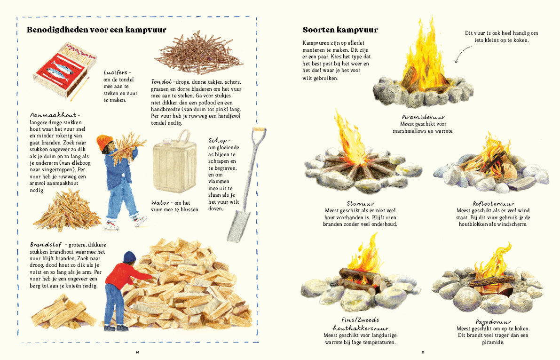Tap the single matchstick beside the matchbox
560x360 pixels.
pyautogui.click(x=79, y=91)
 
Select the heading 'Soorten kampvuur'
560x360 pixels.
pyautogui.click(x=340, y=30)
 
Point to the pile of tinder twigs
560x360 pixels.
pyautogui.click(x=199, y=53)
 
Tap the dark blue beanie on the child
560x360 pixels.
pyautogui.click(x=129, y=257)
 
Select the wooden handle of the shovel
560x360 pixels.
pyautogui.click(x=256, y=155)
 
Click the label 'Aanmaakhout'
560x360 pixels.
pyautogui.click(x=52, y=115)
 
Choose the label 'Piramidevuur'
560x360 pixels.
pyautogui.click(x=423, y=117)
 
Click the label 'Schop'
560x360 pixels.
pyautogui.click(x=218, y=140)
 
